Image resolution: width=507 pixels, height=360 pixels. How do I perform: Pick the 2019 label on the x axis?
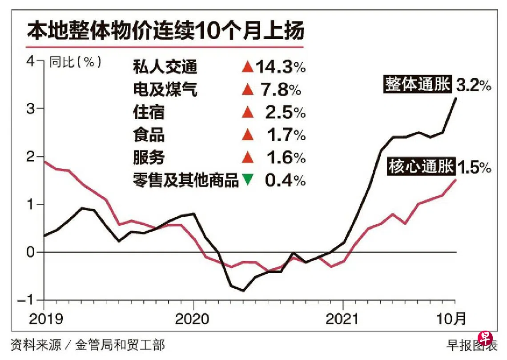click(x=44, y=319)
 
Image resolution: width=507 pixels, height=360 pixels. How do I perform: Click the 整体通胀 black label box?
click(x=418, y=84)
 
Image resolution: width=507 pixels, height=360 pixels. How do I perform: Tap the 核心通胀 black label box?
click(x=421, y=166)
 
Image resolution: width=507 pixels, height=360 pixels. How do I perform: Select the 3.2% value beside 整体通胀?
click(x=474, y=85)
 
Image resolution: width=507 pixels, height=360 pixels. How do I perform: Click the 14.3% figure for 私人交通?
click(x=280, y=68)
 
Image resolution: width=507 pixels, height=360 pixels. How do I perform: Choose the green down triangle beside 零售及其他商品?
click(x=247, y=181)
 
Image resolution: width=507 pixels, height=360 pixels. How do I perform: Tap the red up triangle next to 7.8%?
click(x=247, y=91)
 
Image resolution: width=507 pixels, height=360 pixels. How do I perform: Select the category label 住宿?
click(x=149, y=113)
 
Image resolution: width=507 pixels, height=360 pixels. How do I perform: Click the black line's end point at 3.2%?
click(x=455, y=98)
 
